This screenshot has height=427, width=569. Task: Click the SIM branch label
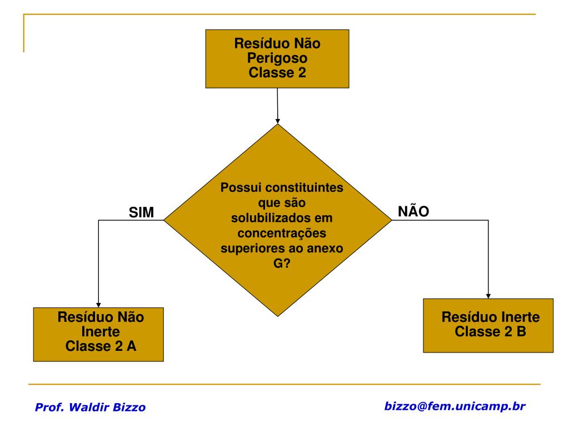pyautogui.click(x=141, y=212)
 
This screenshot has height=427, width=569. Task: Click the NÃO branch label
pyautogui.click(x=413, y=211)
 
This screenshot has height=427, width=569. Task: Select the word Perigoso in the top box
pyautogui.click(x=277, y=58)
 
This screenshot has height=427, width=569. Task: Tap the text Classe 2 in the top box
pyautogui.click(x=277, y=72)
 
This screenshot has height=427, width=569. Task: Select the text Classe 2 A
pyautogui.click(x=101, y=346)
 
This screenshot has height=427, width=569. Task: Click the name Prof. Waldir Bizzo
pyautogui.click(x=90, y=407)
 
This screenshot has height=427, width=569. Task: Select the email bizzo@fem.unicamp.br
pyautogui.click(x=455, y=406)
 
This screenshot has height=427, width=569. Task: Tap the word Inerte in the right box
pyautogui.click(x=515, y=317)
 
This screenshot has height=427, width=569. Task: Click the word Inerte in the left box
pyautogui.click(x=101, y=332)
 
